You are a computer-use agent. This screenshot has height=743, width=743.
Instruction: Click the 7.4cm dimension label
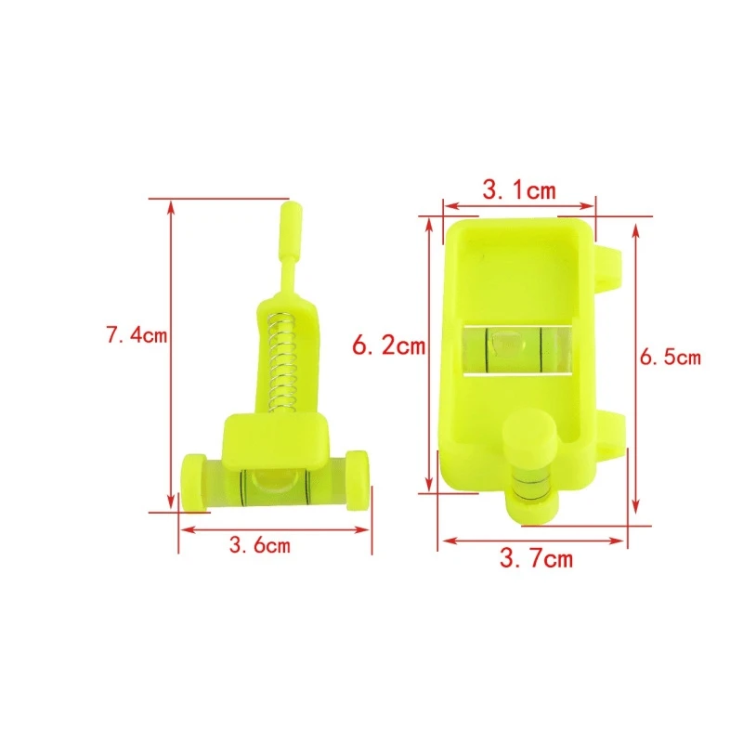pyautogui.click(x=137, y=335)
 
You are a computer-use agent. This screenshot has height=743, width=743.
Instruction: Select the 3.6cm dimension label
pyautogui.click(x=260, y=544)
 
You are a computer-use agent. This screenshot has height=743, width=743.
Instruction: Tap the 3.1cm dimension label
pyautogui.click(x=519, y=190)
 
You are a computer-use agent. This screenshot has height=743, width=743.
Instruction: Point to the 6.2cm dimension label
pyautogui.click(x=388, y=345)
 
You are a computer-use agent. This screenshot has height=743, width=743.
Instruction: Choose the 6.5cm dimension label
pyautogui.click(x=670, y=357)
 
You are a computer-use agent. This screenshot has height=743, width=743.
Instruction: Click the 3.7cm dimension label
pyautogui.click(x=537, y=558)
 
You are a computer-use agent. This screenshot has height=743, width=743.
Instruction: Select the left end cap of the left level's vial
pyautogui.click(x=194, y=482)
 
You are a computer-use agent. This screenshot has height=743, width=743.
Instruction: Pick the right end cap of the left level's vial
pyautogui.click(x=357, y=480)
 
